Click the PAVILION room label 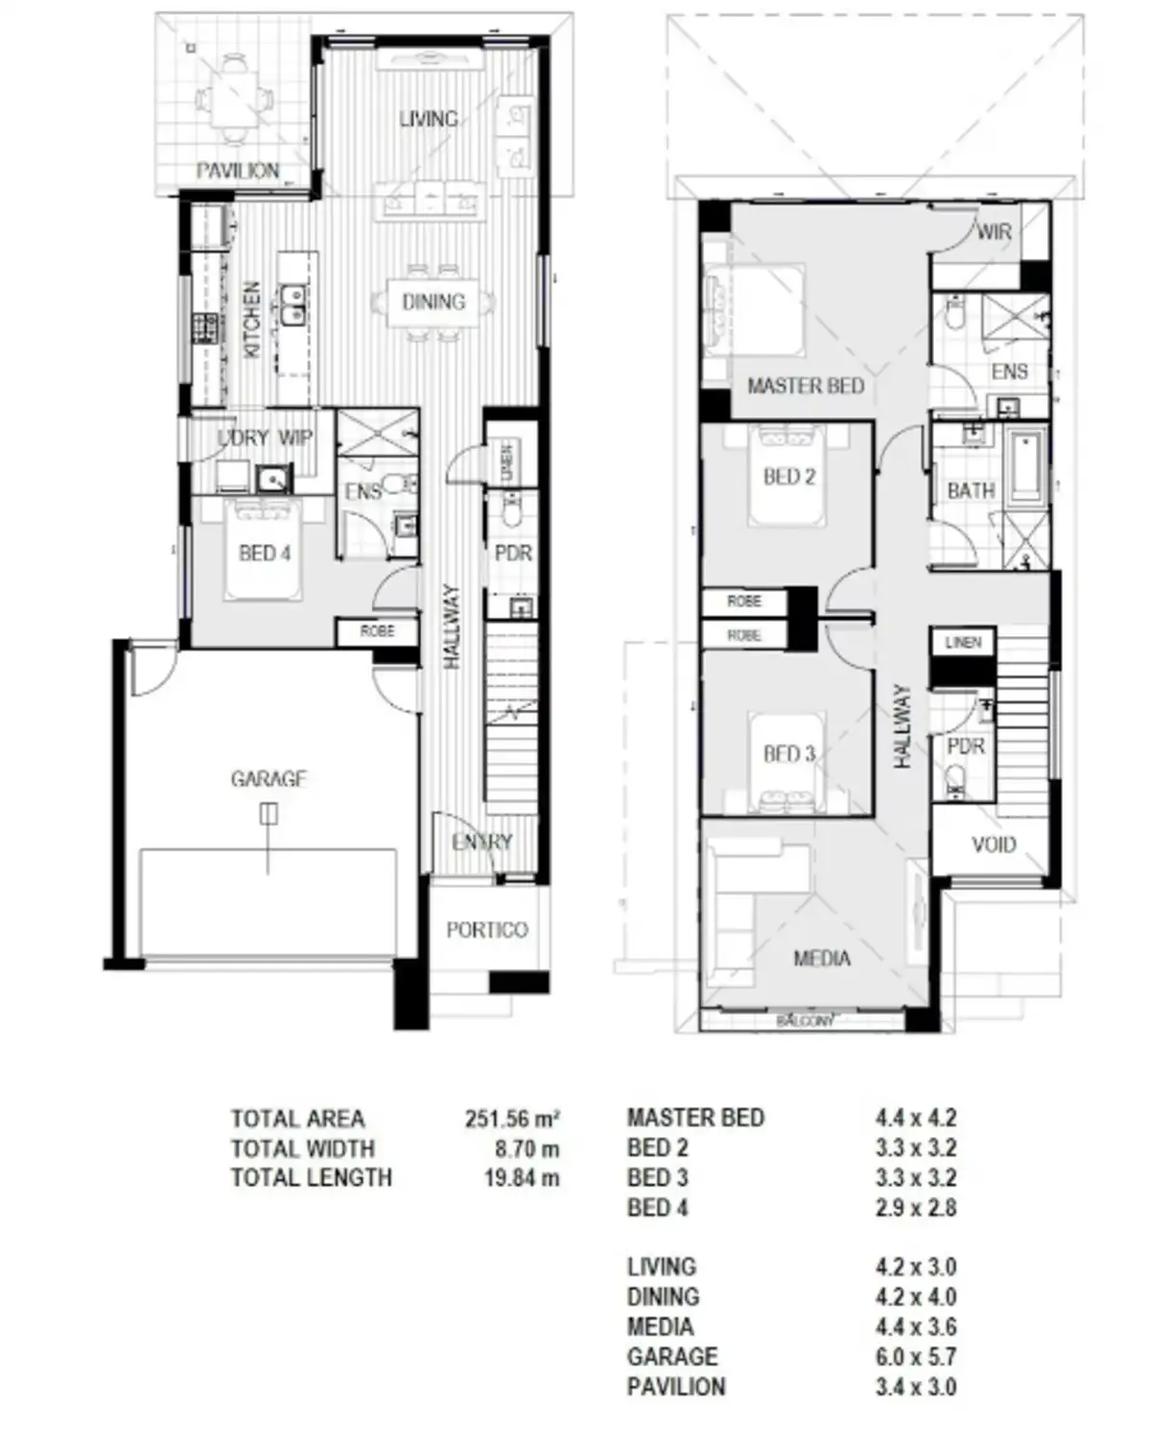(238, 171)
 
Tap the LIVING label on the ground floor (428, 119)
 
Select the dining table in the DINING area (434, 302)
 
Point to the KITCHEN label (251, 319)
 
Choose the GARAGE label (269, 779)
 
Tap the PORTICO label (487, 930)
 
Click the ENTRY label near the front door (481, 841)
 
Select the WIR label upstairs (994, 231)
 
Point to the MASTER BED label (806, 386)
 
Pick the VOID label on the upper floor (993, 845)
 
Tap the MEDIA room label (822, 958)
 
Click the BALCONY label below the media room (805, 1021)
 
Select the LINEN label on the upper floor (963, 642)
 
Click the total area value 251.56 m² (512, 1119)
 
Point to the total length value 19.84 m (521, 1178)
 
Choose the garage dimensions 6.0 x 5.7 (915, 1356)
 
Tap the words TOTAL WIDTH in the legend (302, 1148)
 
